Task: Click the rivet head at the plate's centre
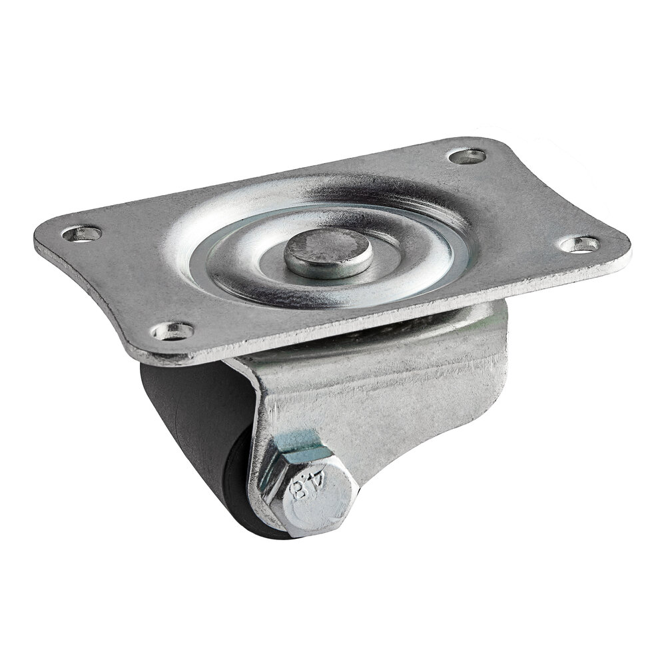click(328, 252)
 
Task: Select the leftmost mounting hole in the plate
click(83, 233)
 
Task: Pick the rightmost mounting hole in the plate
click(579, 244)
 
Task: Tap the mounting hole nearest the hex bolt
click(172, 330)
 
